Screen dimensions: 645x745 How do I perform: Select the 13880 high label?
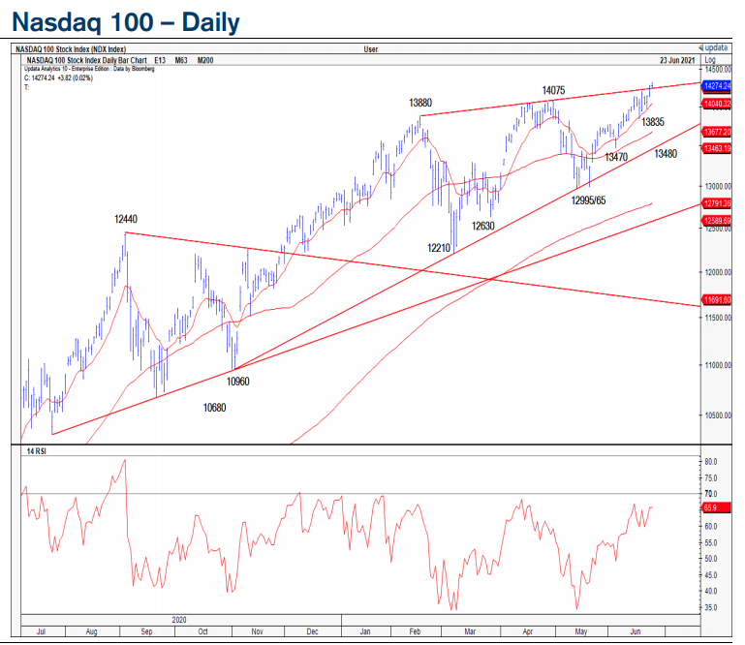pos(420,102)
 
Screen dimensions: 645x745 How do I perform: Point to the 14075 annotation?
pos(553,90)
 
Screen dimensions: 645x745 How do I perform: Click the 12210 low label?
pos(441,247)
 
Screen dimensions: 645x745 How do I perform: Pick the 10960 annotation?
pos(238,382)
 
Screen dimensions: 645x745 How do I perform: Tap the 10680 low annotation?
pos(215,408)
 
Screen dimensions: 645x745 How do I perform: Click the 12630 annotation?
pos(483,226)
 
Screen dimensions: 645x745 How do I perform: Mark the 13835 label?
pos(653,122)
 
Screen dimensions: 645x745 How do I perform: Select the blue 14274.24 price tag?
pos(718,86)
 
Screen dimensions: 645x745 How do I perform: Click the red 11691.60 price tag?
pos(718,300)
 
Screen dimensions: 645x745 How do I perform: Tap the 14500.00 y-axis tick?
pos(718,70)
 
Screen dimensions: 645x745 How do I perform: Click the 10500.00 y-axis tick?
pos(718,415)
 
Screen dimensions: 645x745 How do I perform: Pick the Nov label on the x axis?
pos(258,630)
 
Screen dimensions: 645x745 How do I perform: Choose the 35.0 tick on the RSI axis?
pos(712,607)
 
